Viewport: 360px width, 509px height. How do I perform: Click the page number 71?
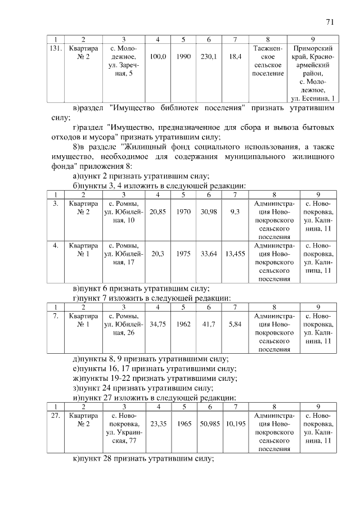click(x=330, y=22)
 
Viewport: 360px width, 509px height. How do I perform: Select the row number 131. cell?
click(x=56, y=48)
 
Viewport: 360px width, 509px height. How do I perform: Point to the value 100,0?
click(x=158, y=57)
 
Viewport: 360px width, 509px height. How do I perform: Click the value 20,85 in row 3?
click(x=158, y=211)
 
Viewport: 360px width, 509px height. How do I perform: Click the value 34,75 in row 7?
click(x=158, y=325)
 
